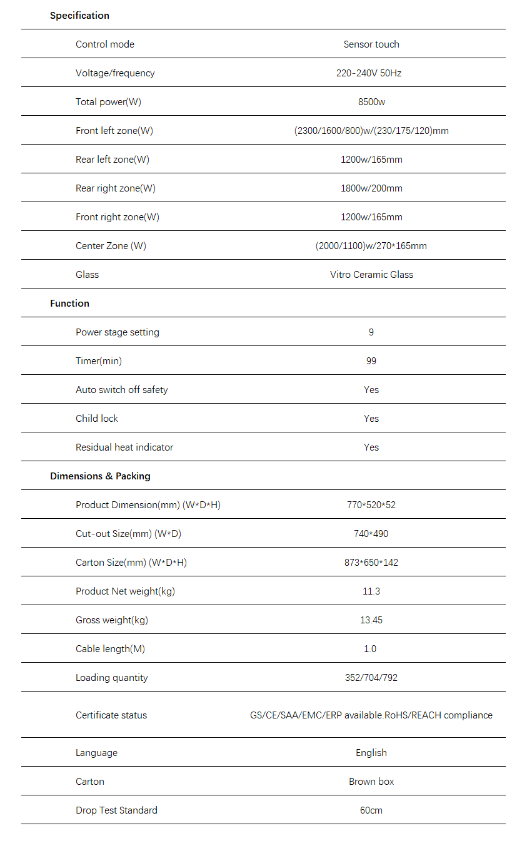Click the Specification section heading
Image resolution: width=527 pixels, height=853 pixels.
point(79,16)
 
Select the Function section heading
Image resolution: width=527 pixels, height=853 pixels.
point(69,304)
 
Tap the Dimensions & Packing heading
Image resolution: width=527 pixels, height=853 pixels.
point(100,476)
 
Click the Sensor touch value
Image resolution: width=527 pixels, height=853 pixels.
point(371,44)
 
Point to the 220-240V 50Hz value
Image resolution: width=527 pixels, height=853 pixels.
point(369,73)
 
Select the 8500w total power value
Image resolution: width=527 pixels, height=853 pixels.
point(371,102)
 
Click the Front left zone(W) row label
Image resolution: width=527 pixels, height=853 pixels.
point(114,131)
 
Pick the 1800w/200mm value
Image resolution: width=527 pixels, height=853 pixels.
point(371,188)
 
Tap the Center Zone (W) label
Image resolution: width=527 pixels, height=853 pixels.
point(111,246)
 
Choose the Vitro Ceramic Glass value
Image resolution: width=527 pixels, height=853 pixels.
point(371,275)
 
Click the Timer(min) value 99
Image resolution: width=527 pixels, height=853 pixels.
point(371,361)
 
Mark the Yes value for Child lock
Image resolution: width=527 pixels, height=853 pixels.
point(371,419)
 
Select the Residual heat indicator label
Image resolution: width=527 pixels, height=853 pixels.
point(124,447)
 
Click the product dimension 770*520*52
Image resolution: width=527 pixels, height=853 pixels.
point(371,505)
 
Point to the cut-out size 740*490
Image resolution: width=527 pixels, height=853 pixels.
point(371,534)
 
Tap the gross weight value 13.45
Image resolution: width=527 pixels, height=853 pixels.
point(371,620)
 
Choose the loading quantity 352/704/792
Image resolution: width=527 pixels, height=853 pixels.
point(371,678)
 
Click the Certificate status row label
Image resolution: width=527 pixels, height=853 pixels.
point(111,715)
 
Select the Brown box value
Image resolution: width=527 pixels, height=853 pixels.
point(371,782)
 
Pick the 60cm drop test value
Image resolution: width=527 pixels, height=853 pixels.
point(371,810)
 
